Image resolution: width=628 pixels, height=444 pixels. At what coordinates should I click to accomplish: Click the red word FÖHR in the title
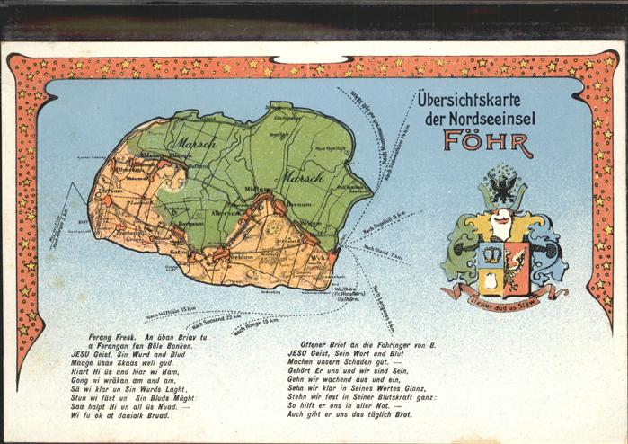pyautogui.click(x=487, y=143)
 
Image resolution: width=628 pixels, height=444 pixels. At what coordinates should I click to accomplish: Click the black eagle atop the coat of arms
pyautogui.click(x=504, y=188)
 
